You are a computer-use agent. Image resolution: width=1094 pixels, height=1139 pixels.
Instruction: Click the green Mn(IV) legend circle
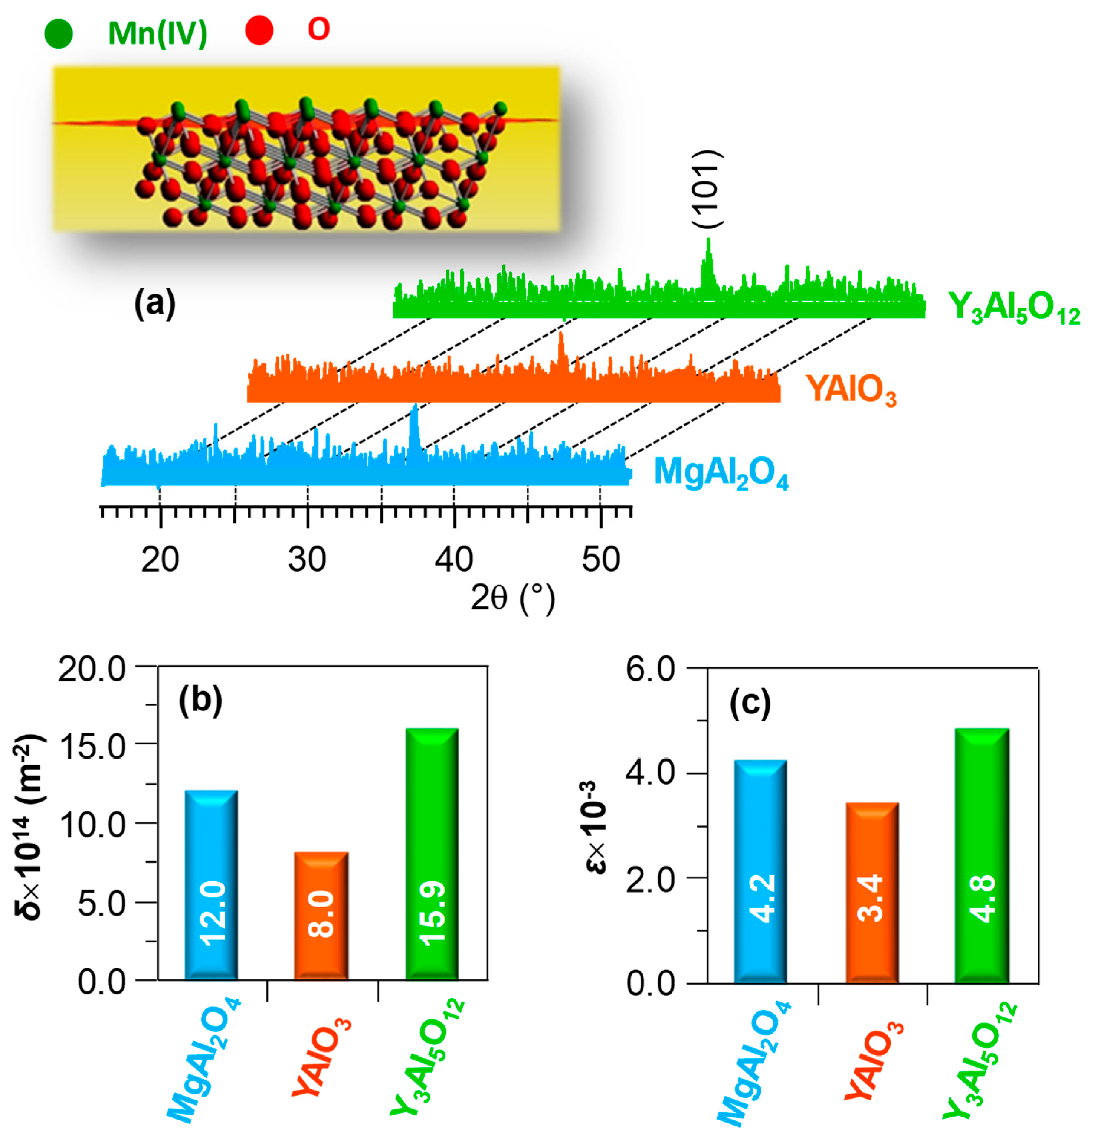click(59, 33)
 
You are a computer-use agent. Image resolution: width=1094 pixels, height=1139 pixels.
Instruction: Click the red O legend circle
click(259, 30)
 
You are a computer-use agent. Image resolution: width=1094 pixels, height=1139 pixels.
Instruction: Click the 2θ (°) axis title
click(512, 598)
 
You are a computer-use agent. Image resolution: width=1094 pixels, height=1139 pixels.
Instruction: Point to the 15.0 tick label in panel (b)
click(92, 747)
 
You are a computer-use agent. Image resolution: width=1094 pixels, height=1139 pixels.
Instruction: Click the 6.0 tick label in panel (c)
click(650, 670)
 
